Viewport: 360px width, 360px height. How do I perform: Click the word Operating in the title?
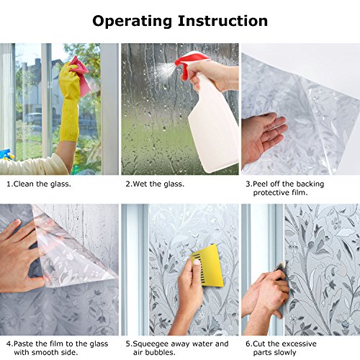(x=132, y=22)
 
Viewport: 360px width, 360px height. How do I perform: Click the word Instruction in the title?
(x=222, y=21)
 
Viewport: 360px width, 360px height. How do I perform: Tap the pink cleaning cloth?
(x=80, y=75)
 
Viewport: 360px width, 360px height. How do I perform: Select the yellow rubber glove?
(x=69, y=101)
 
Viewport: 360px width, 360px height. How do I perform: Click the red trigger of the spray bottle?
(x=189, y=64)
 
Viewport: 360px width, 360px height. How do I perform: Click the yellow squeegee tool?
(x=208, y=266)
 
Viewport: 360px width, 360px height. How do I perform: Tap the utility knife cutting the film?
(x=282, y=269)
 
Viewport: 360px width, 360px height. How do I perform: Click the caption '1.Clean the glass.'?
(x=39, y=184)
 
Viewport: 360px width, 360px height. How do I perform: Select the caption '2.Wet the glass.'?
(x=155, y=184)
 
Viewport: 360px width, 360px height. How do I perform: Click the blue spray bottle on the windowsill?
(x=5, y=155)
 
